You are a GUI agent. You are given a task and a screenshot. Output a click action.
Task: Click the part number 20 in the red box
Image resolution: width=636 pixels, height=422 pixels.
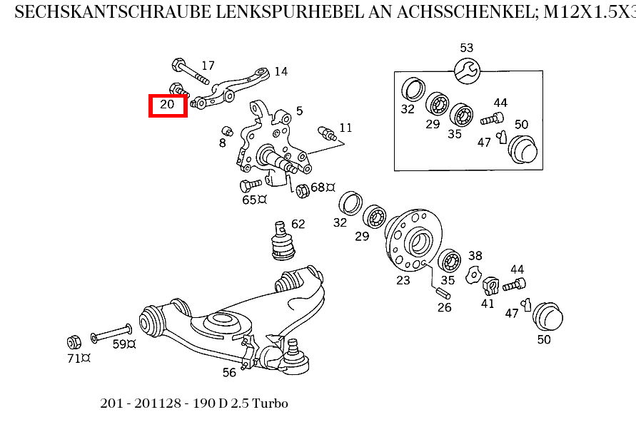[x=167, y=105]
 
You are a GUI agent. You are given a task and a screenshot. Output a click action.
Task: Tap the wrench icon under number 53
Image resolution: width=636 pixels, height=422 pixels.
[x=468, y=70]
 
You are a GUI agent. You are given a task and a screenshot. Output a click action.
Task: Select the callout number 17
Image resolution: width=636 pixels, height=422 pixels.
[x=208, y=66]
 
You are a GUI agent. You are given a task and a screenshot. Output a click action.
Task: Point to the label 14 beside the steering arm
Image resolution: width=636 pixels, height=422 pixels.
[x=281, y=71]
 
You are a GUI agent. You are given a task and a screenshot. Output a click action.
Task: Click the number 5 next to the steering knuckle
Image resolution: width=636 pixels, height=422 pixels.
[x=299, y=110]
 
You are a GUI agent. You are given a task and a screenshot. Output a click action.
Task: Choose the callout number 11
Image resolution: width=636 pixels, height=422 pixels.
[x=345, y=128]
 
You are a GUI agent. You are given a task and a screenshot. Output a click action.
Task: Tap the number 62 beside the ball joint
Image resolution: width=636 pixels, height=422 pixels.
[x=298, y=224]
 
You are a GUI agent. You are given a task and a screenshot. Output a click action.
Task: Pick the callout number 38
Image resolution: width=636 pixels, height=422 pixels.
[x=475, y=256]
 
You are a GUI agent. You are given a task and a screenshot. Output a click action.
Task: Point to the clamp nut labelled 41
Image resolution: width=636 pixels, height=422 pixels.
[x=490, y=285]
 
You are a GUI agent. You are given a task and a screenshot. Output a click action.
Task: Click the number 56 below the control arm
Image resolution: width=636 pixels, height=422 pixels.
[x=229, y=372]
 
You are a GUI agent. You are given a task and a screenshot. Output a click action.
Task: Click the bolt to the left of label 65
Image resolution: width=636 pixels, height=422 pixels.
[x=249, y=185]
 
